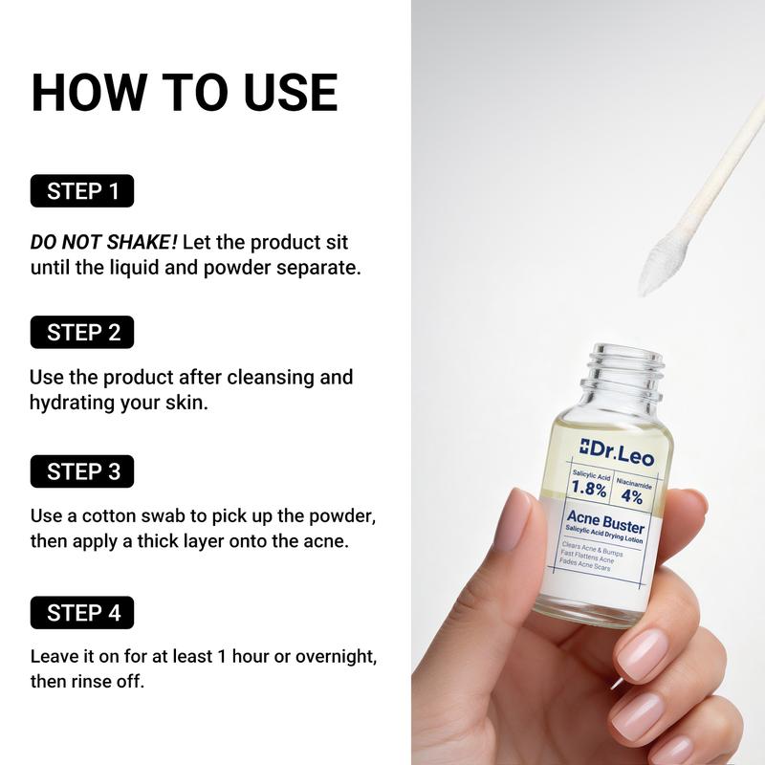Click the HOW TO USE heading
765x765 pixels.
pyautogui.click(x=185, y=92)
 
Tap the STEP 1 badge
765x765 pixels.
pyautogui.click(x=83, y=191)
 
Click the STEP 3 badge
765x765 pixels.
pyautogui.click(x=83, y=471)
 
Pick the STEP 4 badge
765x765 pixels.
pyautogui.click(x=83, y=612)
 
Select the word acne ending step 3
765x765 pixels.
pyautogui.click(x=323, y=542)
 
